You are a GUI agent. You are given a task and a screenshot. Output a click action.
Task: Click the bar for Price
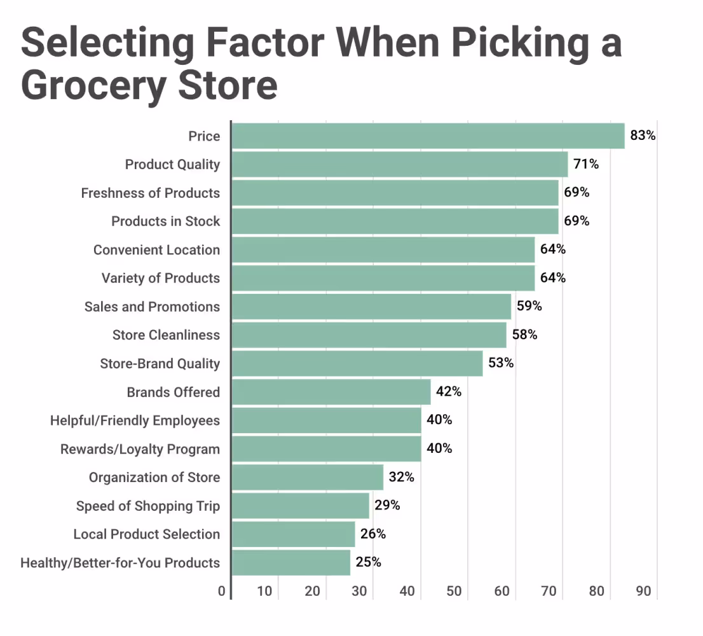[x=428, y=136]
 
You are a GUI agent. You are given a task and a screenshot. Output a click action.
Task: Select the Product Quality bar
[x=399, y=164]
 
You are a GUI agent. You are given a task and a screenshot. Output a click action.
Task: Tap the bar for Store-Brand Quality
[x=357, y=363]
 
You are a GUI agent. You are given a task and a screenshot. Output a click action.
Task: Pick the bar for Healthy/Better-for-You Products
[x=290, y=562]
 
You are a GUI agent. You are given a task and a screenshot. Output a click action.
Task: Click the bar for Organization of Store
[x=307, y=477]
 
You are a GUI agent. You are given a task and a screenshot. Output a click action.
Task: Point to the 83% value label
[x=643, y=135]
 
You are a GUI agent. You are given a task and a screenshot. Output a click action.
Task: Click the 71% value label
[x=586, y=164]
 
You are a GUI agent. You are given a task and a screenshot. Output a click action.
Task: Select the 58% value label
[x=524, y=335]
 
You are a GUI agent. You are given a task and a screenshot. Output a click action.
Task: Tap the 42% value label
[x=449, y=392]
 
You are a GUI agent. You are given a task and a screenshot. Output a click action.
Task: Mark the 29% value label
[x=387, y=506]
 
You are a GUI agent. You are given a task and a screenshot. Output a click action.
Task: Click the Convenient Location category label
[x=156, y=250]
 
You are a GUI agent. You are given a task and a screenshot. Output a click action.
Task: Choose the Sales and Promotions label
[x=152, y=307]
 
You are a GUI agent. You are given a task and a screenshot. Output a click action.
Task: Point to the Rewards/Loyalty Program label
[x=140, y=449]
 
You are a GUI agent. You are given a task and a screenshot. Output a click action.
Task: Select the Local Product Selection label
[x=146, y=534]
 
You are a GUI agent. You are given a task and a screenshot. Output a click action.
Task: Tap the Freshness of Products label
[x=150, y=193]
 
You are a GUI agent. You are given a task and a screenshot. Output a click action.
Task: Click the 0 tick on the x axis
[x=221, y=591]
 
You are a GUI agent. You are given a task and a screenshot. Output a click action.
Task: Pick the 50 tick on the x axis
[x=454, y=591]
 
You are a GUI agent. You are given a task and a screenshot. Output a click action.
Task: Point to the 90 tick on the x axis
[x=643, y=591]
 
